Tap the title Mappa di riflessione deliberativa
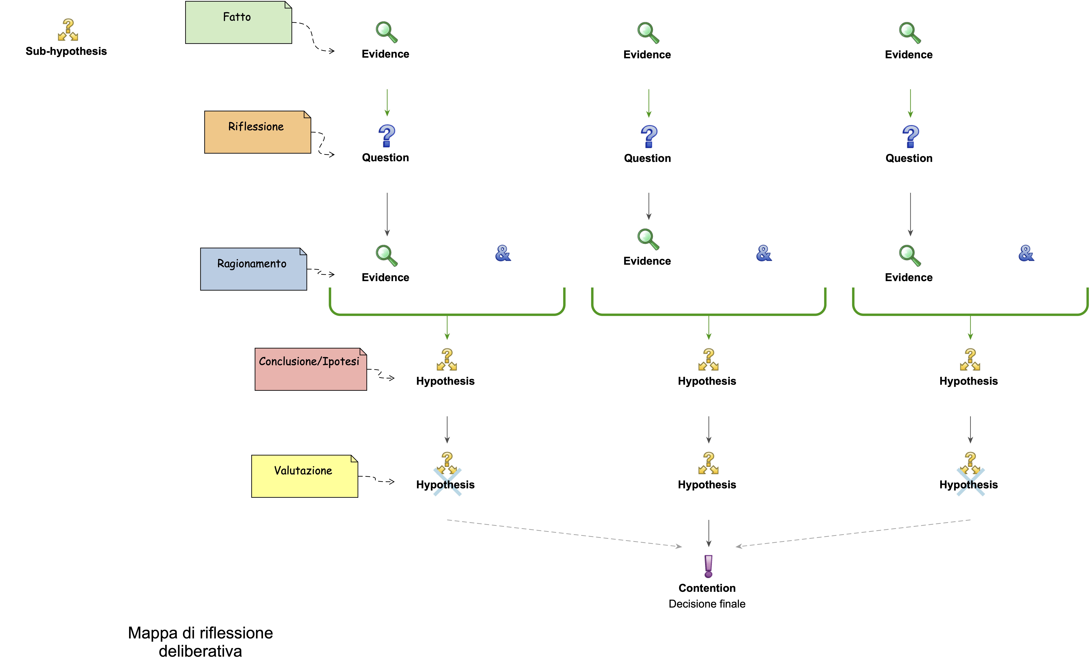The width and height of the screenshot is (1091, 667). [200, 642]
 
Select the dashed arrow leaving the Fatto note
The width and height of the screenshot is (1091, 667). [313, 38]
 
